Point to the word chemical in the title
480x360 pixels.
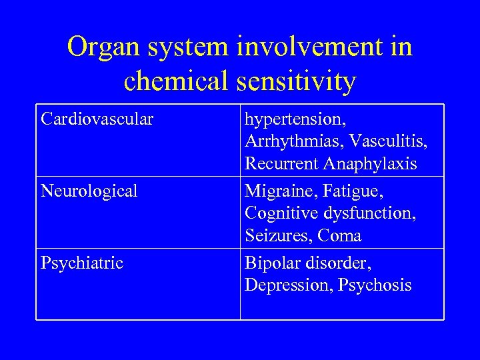pos(173,81)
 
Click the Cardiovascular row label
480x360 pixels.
pos(97,119)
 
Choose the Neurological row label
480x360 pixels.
pos(89,191)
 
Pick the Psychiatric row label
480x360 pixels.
pos(82,263)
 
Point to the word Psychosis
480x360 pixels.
pos(375,286)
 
